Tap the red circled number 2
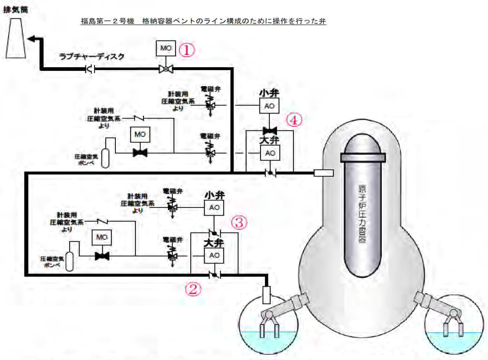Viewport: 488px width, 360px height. click(x=193, y=289)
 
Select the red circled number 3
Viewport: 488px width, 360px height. click(x=239, y=222)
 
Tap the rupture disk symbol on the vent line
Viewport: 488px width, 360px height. click(x=91, y=70)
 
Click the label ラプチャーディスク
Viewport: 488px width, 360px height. click(x=91, y=57)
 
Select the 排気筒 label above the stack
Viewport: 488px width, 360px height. click(x=15, y=8)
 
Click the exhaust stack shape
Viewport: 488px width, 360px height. click(x=16, y=39)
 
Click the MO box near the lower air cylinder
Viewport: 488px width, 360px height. click(x=99, y=237)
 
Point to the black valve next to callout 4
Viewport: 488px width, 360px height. click(x=269, y=130)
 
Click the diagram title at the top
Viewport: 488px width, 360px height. click(x=204, y=20)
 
